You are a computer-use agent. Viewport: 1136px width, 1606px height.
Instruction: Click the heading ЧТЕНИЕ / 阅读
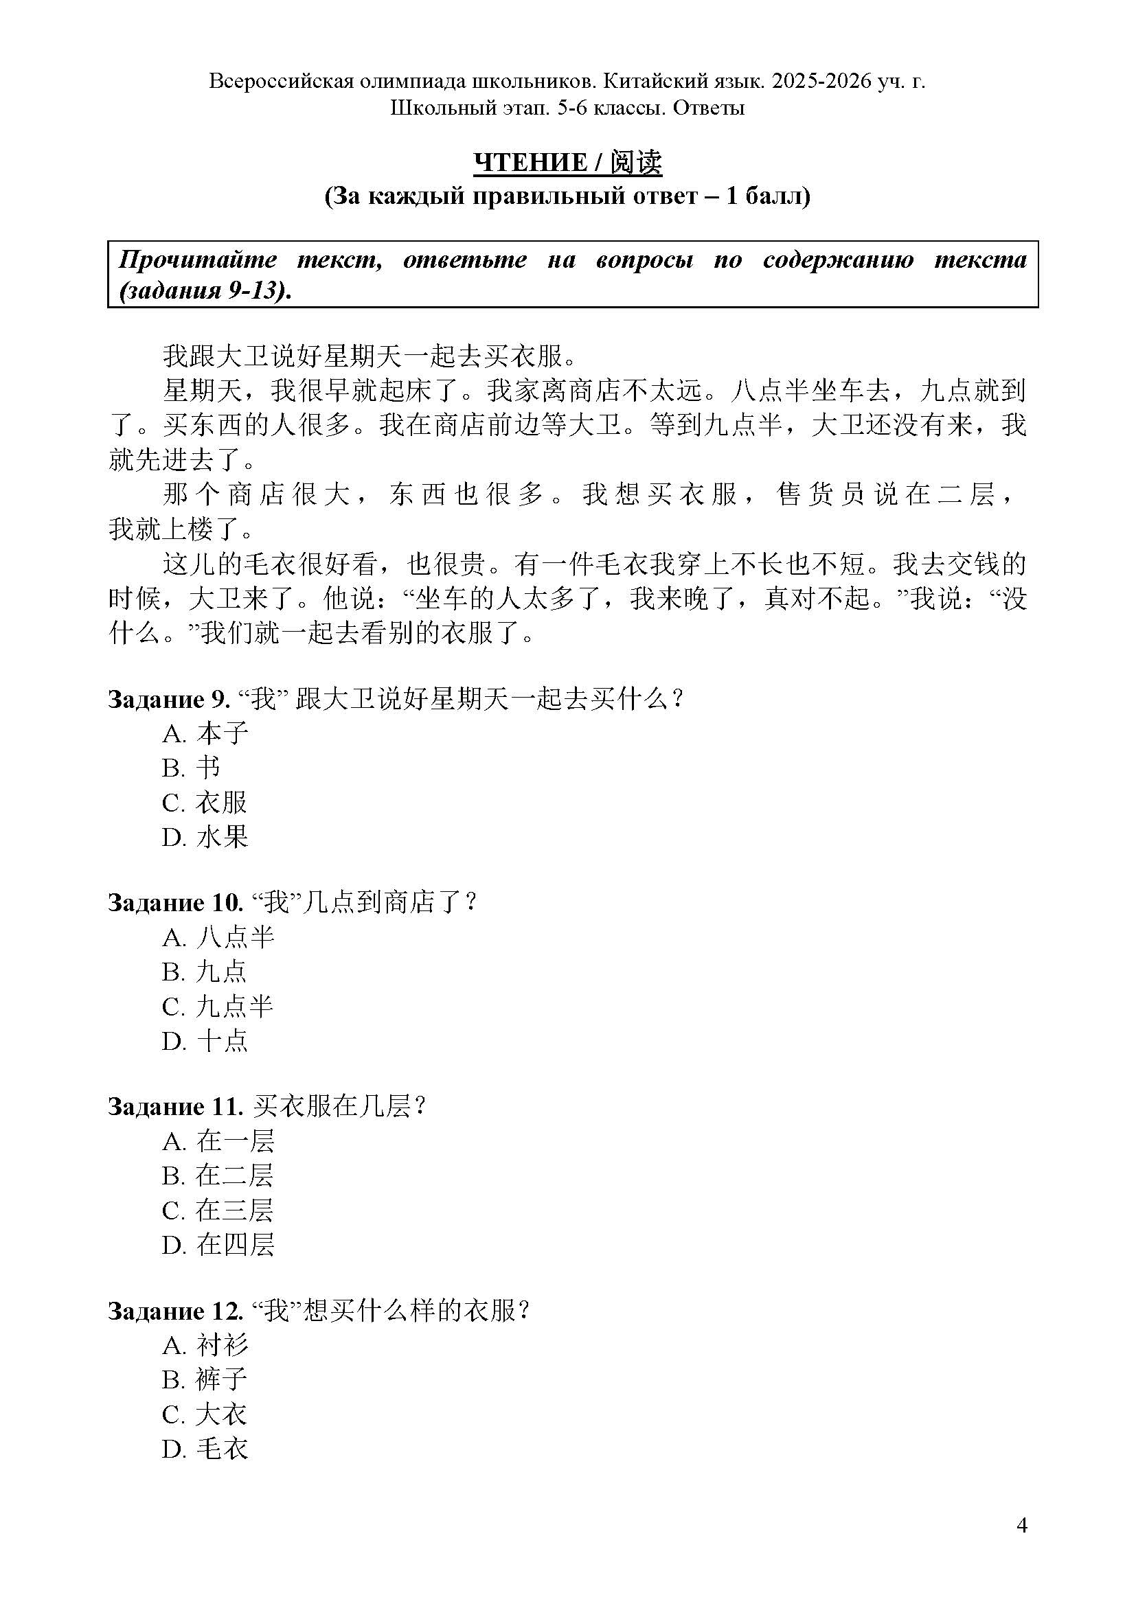point(567,162)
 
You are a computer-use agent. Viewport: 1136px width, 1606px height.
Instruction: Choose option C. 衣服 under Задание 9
point(205,802)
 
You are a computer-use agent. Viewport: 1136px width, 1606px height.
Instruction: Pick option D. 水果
point(205,836)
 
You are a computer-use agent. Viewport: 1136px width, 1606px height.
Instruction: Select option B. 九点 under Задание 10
point(205,972)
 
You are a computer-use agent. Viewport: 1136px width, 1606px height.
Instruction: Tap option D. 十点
point(205,1042)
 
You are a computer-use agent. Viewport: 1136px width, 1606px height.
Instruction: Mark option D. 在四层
point(218,1245)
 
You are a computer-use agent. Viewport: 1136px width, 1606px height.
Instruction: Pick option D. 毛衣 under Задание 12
point(205,1449)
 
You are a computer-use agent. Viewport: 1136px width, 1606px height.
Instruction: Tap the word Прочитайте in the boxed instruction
point(198,260)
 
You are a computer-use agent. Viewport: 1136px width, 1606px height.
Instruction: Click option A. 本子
point(205,733)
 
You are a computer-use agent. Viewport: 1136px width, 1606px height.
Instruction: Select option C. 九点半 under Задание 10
point(218,1007)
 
